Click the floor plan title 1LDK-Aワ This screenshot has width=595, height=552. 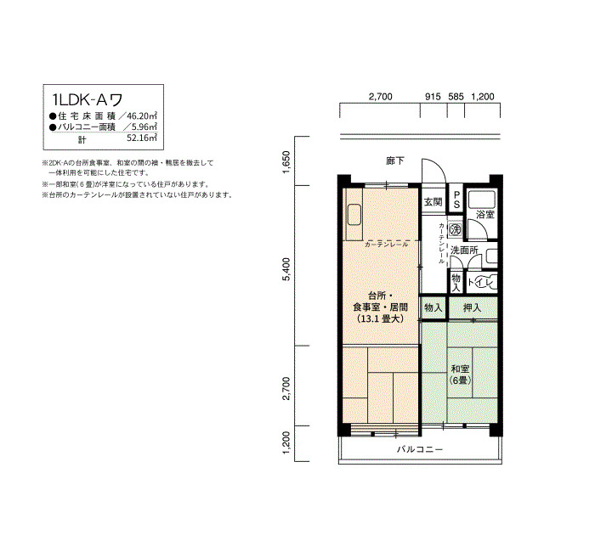point(88,99)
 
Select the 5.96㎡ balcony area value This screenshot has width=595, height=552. point(144,127)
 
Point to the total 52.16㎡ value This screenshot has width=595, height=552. point(142,138)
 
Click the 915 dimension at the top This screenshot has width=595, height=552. point(433,97)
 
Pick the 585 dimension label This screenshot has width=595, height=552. point(456,97)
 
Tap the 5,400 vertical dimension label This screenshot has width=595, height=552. point(286,269)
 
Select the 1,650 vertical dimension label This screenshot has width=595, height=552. point(286,162)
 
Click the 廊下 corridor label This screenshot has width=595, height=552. point(395,161)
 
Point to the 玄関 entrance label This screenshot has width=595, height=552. point(433,202)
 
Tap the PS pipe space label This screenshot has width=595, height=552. point(456,199)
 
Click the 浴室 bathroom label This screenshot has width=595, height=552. point(485,215)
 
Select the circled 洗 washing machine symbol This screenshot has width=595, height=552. point(455,229)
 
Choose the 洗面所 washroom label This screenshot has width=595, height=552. point(464,251)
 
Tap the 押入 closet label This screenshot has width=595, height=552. point(473,307)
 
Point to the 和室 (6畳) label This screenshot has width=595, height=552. point(460,375)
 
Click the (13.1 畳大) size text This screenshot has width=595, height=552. point(380,318)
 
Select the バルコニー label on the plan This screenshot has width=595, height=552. point(420,449)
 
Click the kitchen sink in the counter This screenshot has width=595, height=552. point(354,215)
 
